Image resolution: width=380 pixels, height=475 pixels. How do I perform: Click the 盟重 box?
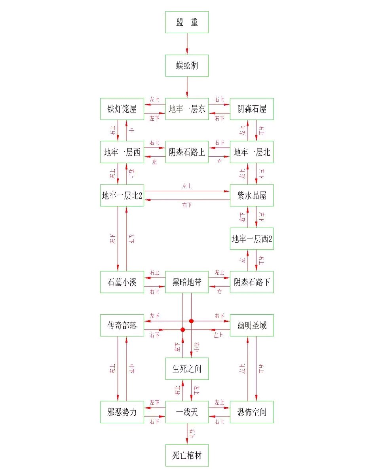click(x=187, y=22)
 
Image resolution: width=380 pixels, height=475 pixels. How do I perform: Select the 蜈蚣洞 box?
click(x=187, y=65)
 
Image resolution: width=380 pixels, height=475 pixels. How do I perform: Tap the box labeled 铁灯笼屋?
click(x=122, y=108)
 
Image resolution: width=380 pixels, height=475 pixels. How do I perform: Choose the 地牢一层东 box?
click(x=187, y=108)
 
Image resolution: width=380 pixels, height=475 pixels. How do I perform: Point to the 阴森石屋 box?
click(x=252, y=108)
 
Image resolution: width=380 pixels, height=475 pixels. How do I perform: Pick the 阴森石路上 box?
click(x=187, y=152)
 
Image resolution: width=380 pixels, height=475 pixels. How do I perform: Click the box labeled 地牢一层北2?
click(x=122, y=195)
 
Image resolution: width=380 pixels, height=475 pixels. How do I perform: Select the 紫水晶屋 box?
click(x=252, y=195)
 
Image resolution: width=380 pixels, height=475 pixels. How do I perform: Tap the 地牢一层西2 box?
click(x=252, y=239)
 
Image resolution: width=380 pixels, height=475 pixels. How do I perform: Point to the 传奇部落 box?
click(x=122, y=325)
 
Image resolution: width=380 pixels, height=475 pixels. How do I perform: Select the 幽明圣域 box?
click(x=252, y=325)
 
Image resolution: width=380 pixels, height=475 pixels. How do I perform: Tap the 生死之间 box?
click(x=187, y=369)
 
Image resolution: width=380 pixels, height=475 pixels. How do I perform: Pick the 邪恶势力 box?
click(x=122, y=412)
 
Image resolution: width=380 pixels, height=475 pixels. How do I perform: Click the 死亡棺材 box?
click(x=187, y=455)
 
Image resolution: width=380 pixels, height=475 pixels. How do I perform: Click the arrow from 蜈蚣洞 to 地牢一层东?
click(x=187, y=87)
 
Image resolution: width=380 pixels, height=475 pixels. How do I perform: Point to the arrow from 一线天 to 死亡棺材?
click(x=187, y=434)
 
